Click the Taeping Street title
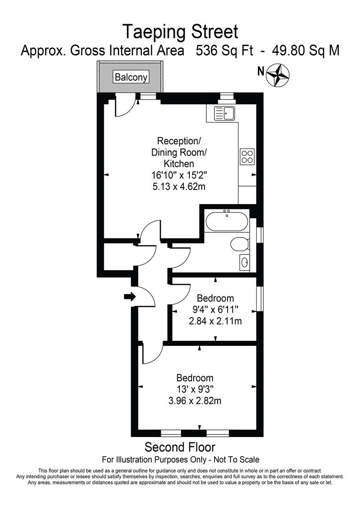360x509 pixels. coord(180,32)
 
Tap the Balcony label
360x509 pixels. coord(131,77)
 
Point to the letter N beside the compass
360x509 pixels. coord(260,72)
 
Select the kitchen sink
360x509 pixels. coord(225,113)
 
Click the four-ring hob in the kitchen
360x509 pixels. coord(247,156)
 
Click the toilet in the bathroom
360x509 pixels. coord(239,245)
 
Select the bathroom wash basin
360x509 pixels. coord(244,262)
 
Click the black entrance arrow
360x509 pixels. coord(130,296)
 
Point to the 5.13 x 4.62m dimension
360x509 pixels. coord(179,187)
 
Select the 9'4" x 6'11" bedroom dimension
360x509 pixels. coord(215,310)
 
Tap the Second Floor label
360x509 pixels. coord(180,446)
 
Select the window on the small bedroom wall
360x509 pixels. coord(259,299)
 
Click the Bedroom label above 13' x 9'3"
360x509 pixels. coord(195,378)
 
